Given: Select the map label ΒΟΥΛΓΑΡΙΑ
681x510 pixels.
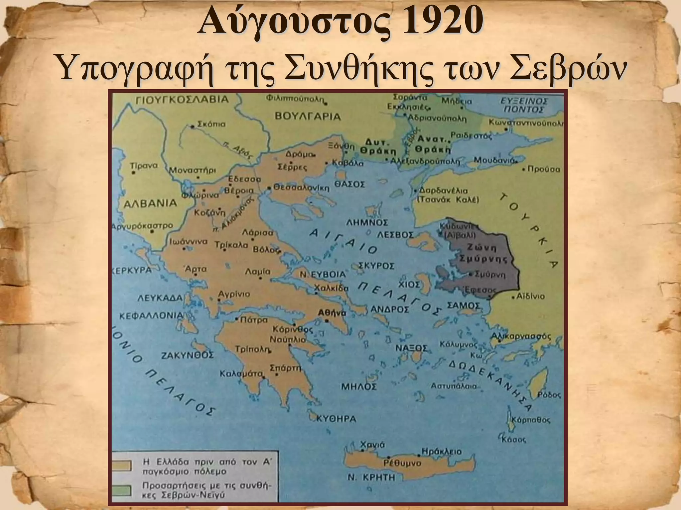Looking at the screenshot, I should (308, 117).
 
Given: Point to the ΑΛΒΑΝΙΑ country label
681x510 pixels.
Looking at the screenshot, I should (150, 203).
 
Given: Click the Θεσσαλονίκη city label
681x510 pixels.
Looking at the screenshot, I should (301, 188).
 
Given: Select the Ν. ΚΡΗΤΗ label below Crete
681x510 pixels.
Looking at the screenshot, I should (372, 477).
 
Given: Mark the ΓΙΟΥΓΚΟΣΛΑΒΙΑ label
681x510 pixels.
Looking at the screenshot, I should (183, 99).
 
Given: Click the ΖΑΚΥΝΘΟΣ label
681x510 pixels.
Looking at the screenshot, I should (187, 356).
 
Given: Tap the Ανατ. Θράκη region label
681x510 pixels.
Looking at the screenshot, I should (433, 144).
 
